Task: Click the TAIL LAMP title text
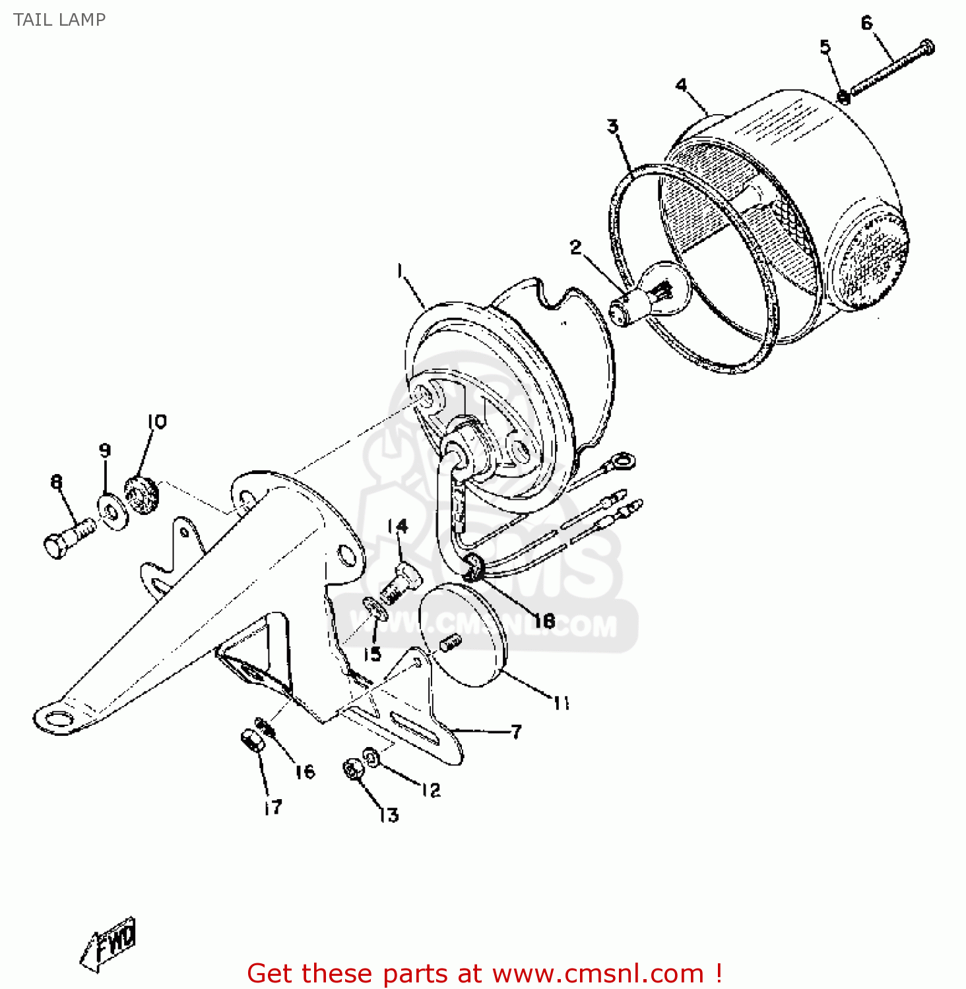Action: (x=59, y=20)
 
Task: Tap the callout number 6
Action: (x=866, y=24)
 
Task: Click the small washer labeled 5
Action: (x=843, y=97)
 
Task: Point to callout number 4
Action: (x=681, y=85)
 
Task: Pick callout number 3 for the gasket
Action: (x=613, y=126)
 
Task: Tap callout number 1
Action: (x=400, y=271)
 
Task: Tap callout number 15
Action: (x=373, y=653)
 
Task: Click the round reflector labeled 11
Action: (x=462, y=636)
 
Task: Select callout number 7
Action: (x=516, y=732)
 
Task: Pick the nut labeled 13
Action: (x=353, y=769)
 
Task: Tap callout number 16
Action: (x=305, y=772)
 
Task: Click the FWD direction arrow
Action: (x=110, y=943)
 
